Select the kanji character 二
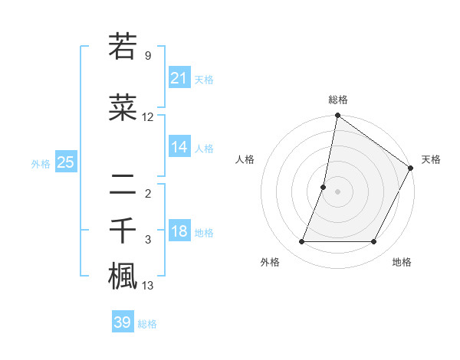click(123, 183)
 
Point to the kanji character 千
click(123, 230)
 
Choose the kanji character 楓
click(123, 276)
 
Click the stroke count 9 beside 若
click(148, 56)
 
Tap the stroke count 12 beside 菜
click(148, 117)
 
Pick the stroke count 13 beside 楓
click(148, 286)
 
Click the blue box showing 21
click(179, 78)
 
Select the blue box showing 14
click(179, 147)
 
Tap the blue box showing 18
click(179, 232)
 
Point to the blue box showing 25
click(65, 162)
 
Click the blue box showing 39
click(123, 322)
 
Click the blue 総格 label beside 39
click(147, 324)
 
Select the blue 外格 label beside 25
click(41, 164)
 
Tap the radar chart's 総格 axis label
click(337, 100)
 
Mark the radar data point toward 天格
click(411, 169)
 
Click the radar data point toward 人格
click(324, 187)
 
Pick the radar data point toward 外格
click(301, 242)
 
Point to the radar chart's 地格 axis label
click(402, 262)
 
